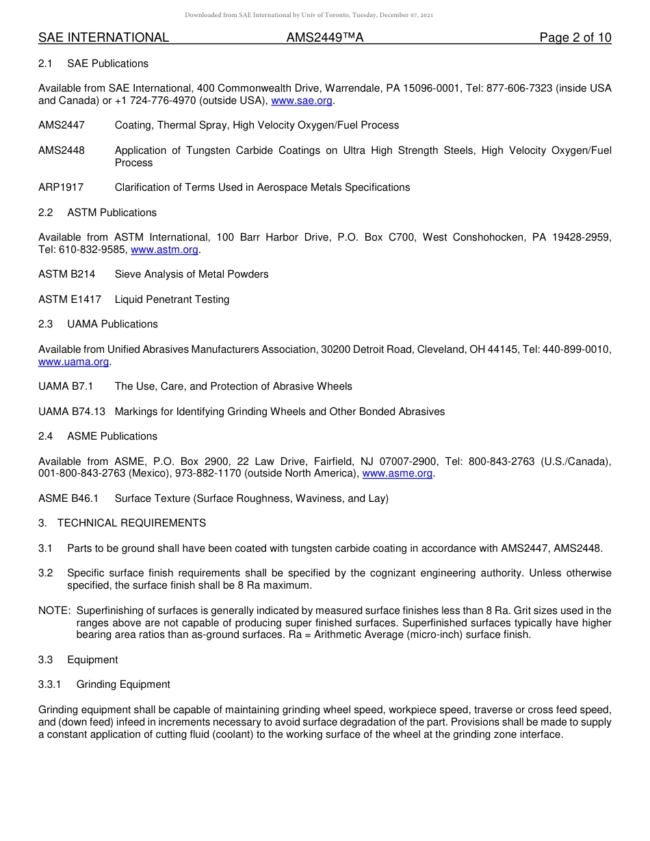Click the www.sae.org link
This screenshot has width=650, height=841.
302,101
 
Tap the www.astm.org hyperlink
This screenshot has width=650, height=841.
164,250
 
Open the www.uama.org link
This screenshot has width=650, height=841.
73,362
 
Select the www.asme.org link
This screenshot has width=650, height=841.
397,473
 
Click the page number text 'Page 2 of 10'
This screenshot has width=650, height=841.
575,38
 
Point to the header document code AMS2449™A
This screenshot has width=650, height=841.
324,38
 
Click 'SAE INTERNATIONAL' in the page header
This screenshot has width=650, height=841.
103,38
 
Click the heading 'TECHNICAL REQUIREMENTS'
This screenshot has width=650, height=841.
131,523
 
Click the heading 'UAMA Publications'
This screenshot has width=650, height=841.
112,324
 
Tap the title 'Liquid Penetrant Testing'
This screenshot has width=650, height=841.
172,299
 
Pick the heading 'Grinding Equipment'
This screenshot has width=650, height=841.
123,684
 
